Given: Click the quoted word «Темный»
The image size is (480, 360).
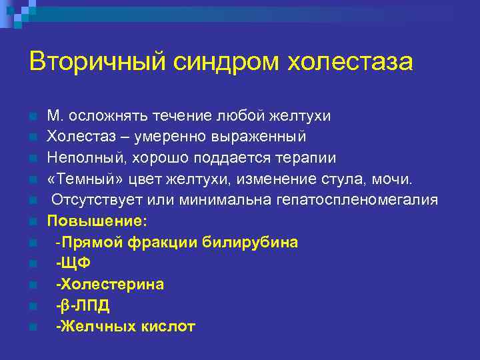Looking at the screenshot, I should point(84,179).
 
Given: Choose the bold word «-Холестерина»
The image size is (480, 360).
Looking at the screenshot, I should point(109,285).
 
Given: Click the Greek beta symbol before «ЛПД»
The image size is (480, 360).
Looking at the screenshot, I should point(65,306).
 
